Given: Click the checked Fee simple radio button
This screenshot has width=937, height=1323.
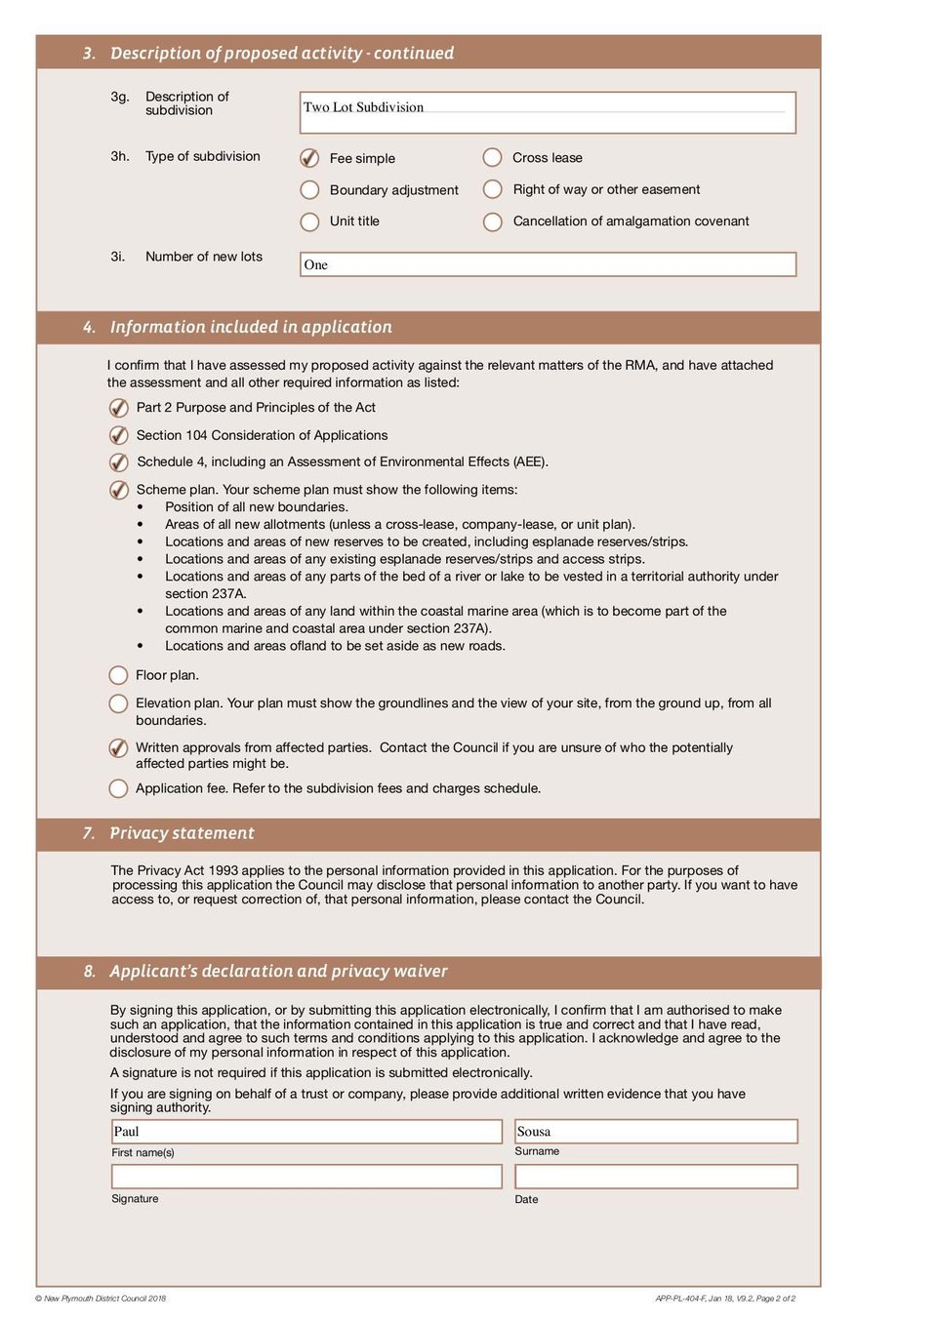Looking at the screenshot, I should (309, 158).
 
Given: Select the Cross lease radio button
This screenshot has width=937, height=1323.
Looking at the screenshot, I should (493, 157).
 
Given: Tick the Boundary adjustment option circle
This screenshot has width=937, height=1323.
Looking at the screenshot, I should (309, 190).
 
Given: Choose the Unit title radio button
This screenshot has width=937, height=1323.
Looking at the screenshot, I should (309, 221).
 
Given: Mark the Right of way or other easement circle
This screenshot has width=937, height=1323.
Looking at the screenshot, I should (493, 189).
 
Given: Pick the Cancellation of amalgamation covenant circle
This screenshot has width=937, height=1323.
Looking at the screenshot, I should (493, 221).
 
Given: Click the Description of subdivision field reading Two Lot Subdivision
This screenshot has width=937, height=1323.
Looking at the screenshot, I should (548, 112).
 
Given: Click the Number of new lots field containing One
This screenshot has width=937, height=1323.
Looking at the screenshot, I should (548, 264).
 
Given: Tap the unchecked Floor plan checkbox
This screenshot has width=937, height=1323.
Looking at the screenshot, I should (118, 675).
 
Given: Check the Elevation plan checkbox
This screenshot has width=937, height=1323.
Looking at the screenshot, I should (118, 703).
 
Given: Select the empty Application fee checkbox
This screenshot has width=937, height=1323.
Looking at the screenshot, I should (118, 788).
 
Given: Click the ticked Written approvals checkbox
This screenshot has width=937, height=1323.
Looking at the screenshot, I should (118, 748).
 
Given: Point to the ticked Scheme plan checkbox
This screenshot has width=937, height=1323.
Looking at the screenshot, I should (118, 490).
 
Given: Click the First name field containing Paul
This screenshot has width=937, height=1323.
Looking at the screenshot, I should (306, 1132).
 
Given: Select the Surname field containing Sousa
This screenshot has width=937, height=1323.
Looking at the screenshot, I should (656, 1132).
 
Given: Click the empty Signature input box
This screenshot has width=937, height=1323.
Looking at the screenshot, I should (306, 1177).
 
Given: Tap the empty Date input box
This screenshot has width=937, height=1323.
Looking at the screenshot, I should (656, 1177).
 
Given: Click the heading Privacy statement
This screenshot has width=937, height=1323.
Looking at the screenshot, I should (182, 833).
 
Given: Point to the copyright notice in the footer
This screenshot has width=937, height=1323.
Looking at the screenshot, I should (101, 1299).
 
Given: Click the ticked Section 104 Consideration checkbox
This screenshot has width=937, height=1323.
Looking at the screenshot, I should (118, 435).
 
